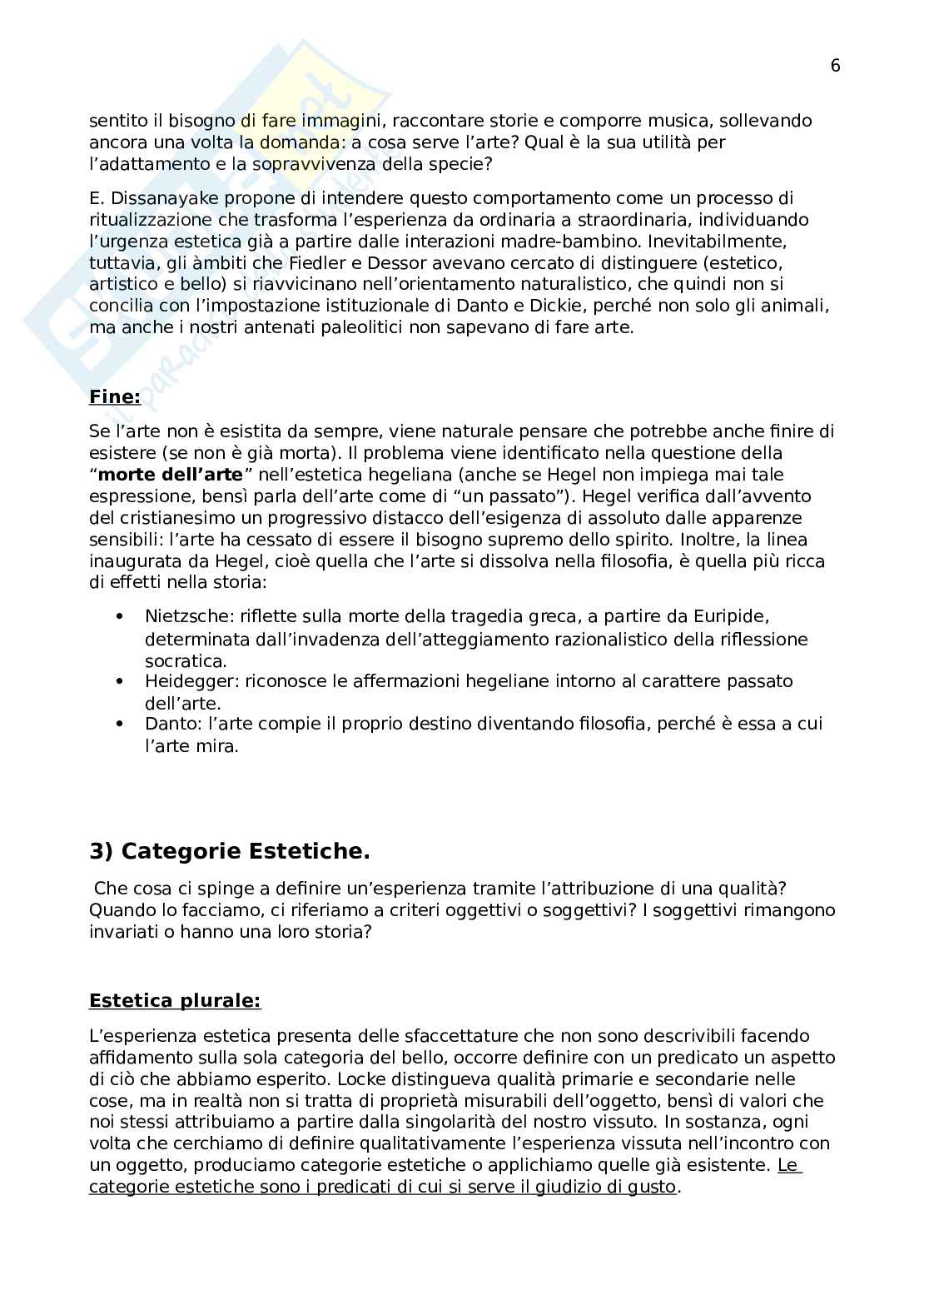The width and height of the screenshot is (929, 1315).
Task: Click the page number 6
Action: click(835, 67)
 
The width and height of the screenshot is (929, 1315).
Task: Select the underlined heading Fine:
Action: click(115, 397)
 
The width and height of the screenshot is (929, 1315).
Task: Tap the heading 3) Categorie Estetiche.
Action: click(229, 851)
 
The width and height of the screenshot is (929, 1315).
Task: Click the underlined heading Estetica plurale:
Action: click(175, 1000)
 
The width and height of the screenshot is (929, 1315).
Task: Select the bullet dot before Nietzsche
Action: click(121, 618)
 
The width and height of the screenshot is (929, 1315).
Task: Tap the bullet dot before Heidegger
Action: click(121, 681)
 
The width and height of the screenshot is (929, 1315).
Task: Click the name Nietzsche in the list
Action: click(188, 617)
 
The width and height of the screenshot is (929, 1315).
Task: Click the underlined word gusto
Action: click(653, 1187)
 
